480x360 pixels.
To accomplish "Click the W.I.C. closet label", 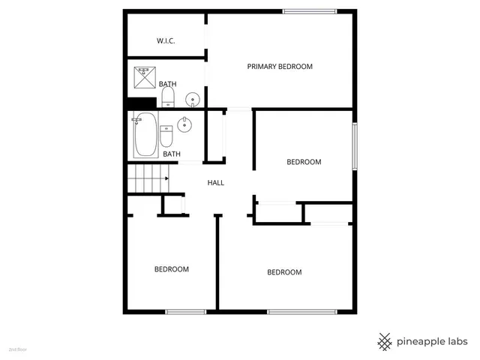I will [166, 40].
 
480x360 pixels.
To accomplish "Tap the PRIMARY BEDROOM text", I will [280, 67].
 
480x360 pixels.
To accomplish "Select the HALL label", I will [216, 182].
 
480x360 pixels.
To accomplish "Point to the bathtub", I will [145, 135].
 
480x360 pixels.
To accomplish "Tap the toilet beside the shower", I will [168, 96].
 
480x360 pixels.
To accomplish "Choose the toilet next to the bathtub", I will [166, 136].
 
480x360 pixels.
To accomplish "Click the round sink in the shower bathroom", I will [193, 98].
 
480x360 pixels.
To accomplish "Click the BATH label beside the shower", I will [167, 84].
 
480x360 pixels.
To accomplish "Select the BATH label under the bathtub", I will [172, 154].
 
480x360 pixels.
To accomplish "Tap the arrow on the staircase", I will [166, 178].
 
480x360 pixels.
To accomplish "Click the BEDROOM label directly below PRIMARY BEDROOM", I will [304, 162].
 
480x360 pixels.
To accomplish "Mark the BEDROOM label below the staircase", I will [172, 269].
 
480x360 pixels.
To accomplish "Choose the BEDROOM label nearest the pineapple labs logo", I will [284, 272].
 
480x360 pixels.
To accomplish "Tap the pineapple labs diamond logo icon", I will [385, 341].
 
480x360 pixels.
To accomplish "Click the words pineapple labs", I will [433, 341].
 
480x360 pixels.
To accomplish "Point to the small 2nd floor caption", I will [17, 349].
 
